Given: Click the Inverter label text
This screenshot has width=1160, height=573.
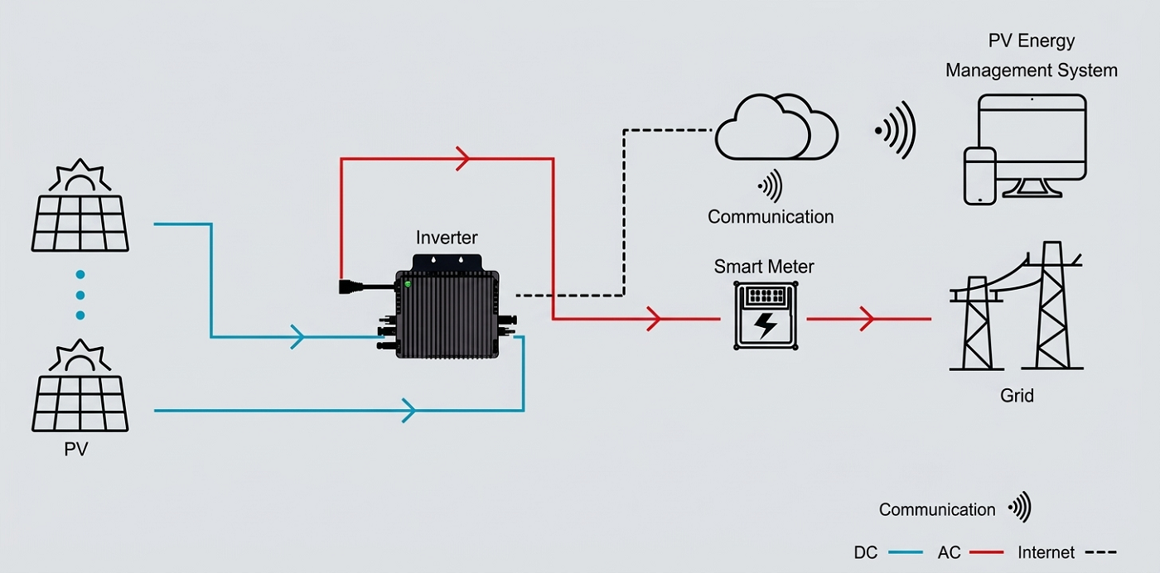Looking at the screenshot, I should (447, 238).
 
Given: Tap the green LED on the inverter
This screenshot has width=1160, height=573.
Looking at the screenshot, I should (407, 284).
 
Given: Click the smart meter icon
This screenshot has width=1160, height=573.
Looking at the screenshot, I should (765, 315).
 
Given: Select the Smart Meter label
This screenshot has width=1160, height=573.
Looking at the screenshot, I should (764, 267).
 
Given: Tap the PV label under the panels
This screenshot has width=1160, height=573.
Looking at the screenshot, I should (76, 450).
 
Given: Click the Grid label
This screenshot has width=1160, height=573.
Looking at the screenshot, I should (1017, 395).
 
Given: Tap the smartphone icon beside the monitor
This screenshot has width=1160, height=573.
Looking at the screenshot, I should (979, 176).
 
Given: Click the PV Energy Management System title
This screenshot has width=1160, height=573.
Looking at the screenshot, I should (1032, 55).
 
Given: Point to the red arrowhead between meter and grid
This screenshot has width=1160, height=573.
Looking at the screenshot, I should (867, 318).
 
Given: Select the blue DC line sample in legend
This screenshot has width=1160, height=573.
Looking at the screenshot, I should (904, 551).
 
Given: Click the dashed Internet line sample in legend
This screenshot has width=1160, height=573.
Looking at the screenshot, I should (1100, 551).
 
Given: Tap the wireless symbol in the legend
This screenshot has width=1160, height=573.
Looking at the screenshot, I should (1020, 507).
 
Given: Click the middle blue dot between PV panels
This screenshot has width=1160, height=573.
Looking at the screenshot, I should (80, 295).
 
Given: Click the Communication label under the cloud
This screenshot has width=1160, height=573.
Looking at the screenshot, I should (771, 217).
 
